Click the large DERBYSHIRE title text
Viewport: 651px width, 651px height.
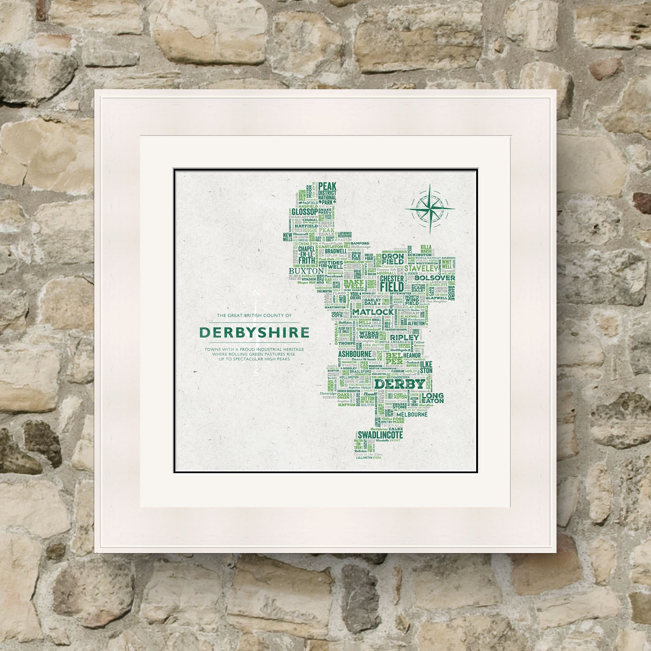coord(254,332)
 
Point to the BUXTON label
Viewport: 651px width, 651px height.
coord(306,271)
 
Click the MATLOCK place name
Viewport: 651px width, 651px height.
coord(373,312)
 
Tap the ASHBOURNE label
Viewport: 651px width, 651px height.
coord(354,354)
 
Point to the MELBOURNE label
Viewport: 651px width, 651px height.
coord(412,414)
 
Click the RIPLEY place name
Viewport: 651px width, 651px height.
coord(404,337)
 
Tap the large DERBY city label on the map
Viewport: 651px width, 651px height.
coord(400,384)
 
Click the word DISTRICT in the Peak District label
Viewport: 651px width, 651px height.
coord(327,192)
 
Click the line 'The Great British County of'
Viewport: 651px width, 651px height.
coord(254,316)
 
